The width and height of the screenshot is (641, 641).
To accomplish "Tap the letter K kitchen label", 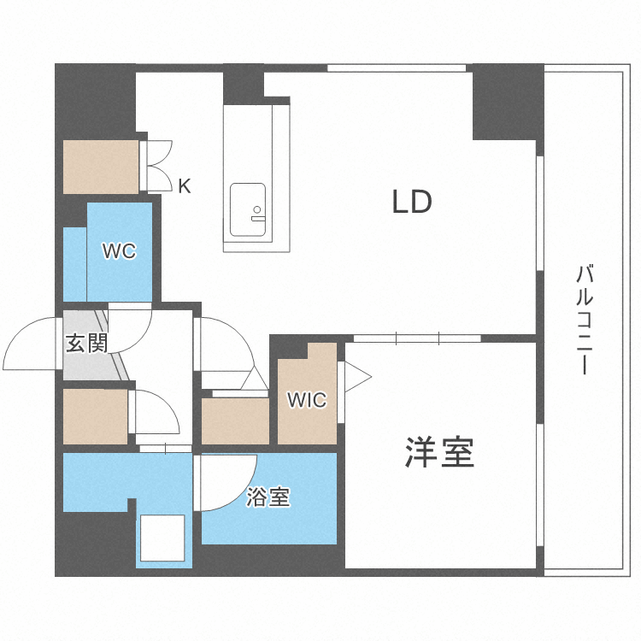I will [x=184, y=185].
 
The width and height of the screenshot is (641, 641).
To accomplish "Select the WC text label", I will [x=120, y=251].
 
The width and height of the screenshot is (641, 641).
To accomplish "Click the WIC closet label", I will [x=306, y=399].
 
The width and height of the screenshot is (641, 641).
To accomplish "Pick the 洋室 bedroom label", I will [x=439, y=452].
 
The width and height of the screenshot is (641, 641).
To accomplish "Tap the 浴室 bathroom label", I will [x=268, y=497].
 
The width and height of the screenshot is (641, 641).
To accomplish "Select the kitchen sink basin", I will [x=248, y=211].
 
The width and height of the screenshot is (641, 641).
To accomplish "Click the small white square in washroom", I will [x=162, y=538].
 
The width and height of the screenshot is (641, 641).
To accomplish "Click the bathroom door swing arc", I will [x=227, y=483].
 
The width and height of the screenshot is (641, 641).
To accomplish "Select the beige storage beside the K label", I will [x=101, y=166].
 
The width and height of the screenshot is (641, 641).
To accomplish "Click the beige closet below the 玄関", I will [x=95, y=416].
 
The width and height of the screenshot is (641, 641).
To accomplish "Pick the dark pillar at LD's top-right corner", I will [x=505, y=103].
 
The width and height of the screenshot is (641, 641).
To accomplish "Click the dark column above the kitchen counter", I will [x=243, y=85].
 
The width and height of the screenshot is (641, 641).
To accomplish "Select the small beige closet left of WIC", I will [x=235, y=420].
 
